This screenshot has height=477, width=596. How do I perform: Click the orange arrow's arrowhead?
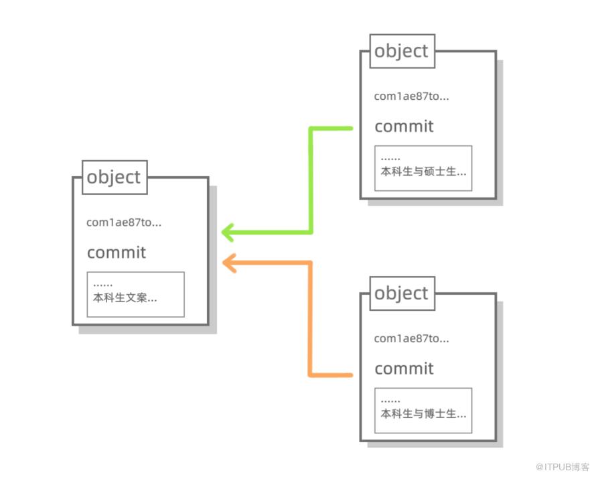tap(228, 263)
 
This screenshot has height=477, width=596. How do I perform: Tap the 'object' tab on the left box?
tap(115, 178)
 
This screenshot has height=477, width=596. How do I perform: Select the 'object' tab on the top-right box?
tap(402, 52)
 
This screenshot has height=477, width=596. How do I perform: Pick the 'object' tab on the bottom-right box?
tap(402, 293)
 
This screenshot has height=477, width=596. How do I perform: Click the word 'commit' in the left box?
tap(117, 252)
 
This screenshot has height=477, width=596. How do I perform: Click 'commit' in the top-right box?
tap(404, 127)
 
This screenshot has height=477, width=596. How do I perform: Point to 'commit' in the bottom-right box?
tap(404, 368)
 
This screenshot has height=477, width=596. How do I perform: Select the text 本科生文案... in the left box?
tap(125, 297)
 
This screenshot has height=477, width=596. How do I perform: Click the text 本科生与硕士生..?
tap(419, 172)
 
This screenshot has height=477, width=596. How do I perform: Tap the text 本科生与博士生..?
tap(419, 413)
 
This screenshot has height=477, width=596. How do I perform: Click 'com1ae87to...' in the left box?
tap(124, 222)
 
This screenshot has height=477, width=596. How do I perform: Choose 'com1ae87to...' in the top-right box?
tap(411, 96)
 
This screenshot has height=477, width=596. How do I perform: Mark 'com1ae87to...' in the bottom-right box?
tap(411, 338)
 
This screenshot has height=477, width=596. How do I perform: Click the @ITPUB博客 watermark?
tap(563, 467)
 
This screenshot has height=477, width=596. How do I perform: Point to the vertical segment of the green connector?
tap(311, 180)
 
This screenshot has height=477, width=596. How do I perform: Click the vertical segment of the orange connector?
tap(310, 319)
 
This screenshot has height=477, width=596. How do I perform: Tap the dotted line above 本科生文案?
tap(102, 285)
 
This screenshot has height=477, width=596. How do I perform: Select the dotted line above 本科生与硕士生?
tap(390, 159)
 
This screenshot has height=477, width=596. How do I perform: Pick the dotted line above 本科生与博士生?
tap(390, 401)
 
